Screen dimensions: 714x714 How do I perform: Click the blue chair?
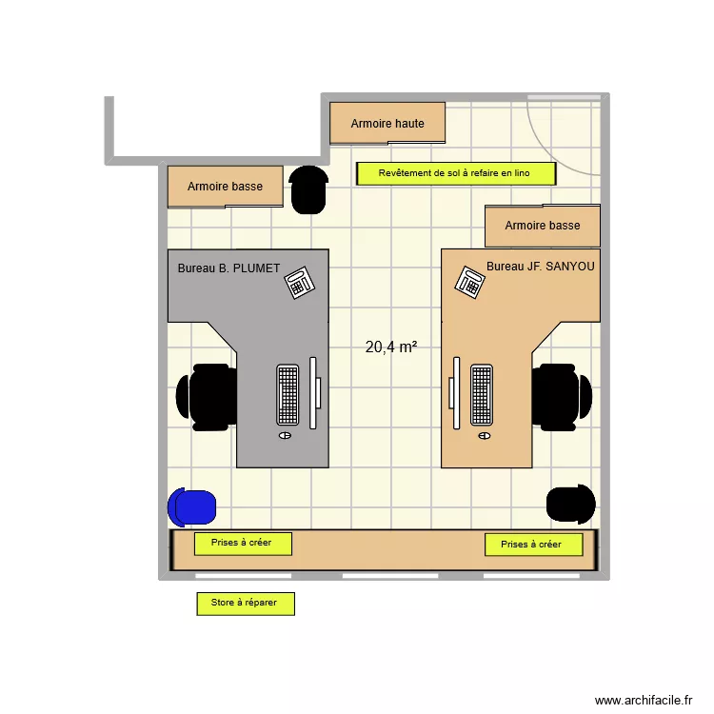tap(192, 506)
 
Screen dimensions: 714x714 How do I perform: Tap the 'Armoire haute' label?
tap(387, 124)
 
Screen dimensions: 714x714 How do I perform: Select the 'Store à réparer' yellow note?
tap(245, 603)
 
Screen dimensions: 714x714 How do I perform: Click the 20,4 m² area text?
tap(391, 347)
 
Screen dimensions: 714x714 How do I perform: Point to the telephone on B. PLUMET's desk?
tap(300, 282)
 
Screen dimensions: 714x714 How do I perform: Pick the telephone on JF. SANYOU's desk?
tap(470, 282)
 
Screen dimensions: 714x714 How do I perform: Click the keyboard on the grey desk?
tap(288, 394)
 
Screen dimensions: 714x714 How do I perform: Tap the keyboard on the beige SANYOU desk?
tap(482, 394)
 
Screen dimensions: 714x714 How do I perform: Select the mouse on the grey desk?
tap(285, 435)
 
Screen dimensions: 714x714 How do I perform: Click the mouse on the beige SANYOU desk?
tap(485, 435)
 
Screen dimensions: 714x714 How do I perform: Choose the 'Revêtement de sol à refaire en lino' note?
tap(455, 173)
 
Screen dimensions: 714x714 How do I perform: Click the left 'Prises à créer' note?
tap(243, 543)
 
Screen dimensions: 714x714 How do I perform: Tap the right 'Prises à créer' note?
tap(533, 545)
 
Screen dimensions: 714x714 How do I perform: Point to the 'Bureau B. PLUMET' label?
tap(228, 268)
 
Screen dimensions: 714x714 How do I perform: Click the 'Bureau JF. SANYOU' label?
tap(540, 267)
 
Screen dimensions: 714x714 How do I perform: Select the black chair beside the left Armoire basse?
tap(308, 188)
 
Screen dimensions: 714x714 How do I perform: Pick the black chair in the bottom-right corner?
tap(570, 504)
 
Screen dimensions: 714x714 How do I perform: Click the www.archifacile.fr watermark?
tap(645, 701)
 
